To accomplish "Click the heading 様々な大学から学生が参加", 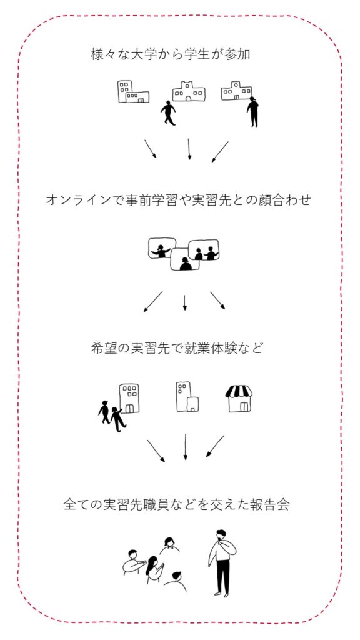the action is coord(170,55).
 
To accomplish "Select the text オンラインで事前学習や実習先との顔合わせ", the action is coord(178,200).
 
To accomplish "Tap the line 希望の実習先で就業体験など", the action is coord(176,348).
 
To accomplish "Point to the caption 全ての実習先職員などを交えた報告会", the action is coord(177,504).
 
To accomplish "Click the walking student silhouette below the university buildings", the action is coord(168,112).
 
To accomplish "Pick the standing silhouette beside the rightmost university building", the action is coord(252,111).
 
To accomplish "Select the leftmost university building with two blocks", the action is coord(133,91).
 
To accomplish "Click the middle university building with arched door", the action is coord(189,91).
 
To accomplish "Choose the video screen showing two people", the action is coord(204,250).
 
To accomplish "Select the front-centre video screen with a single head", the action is coord(185,259).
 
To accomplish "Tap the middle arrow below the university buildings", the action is coord(189,149).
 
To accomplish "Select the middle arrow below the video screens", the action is coord(184,303).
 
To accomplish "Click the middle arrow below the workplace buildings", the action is coord(185,447).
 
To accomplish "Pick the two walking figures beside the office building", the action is coord(112,416).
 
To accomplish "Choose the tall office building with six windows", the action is coord(129,398).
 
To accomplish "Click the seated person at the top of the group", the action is coord(169,545).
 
